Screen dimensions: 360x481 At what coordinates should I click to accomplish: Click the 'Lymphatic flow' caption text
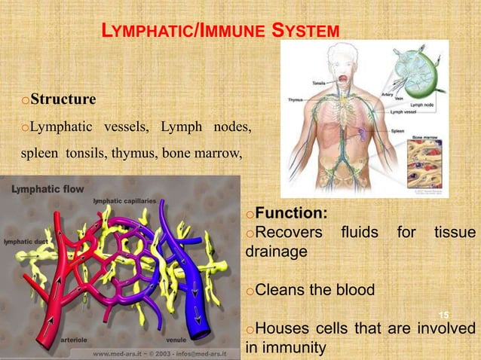(47, 189)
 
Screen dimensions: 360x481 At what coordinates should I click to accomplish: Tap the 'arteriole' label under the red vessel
(76, 340)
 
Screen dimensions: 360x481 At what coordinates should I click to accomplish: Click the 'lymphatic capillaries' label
(124, 201)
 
